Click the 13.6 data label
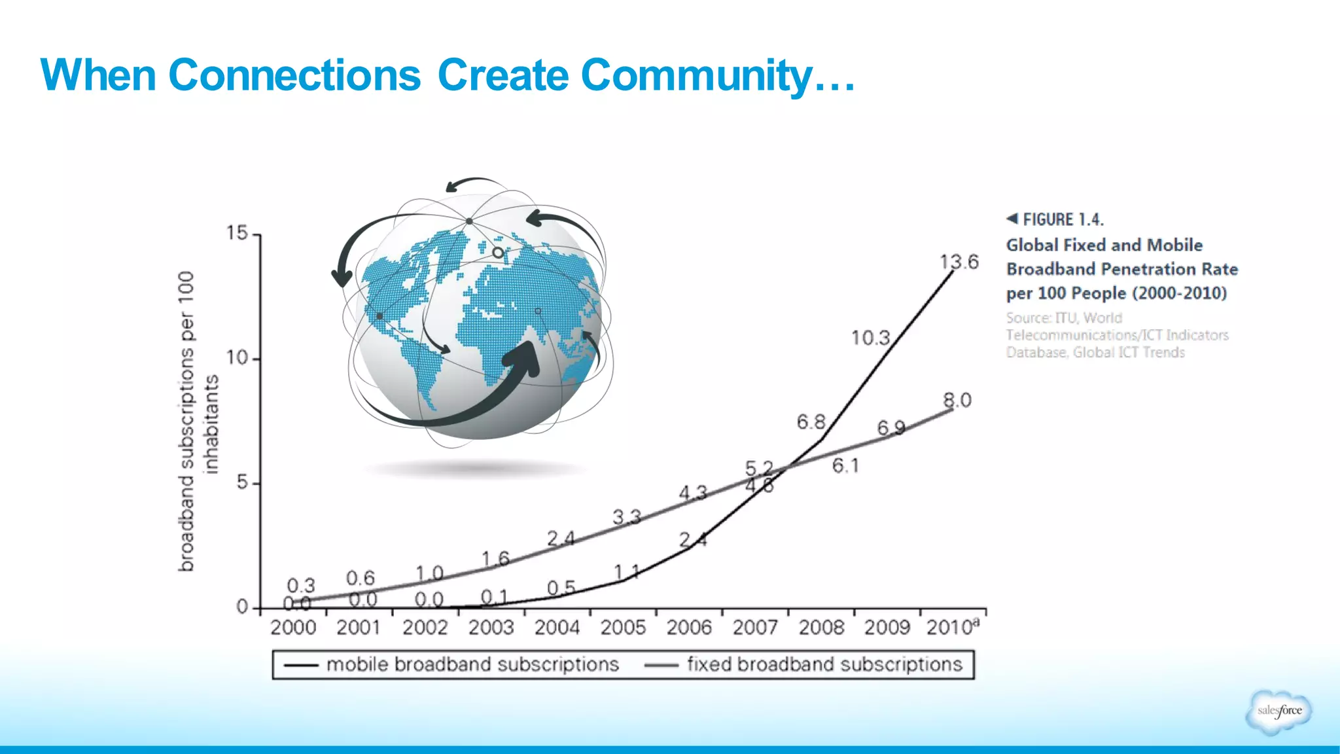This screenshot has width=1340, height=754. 959,262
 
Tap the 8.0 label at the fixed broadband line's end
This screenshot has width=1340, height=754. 957,400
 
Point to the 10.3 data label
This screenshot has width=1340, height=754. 870,338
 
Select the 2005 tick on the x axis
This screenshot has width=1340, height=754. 622,628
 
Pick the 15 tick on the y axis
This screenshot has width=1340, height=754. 237,233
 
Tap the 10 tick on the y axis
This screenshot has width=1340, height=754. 237,358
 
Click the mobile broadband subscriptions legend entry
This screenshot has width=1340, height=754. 472,665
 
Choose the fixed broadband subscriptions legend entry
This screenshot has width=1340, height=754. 824,665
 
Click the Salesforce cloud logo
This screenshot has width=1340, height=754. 1279,711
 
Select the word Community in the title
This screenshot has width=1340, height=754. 696,75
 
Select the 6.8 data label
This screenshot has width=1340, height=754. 811,422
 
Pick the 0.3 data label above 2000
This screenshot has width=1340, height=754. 300,585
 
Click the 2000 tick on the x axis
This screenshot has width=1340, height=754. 292,628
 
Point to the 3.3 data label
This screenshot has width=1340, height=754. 626,518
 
